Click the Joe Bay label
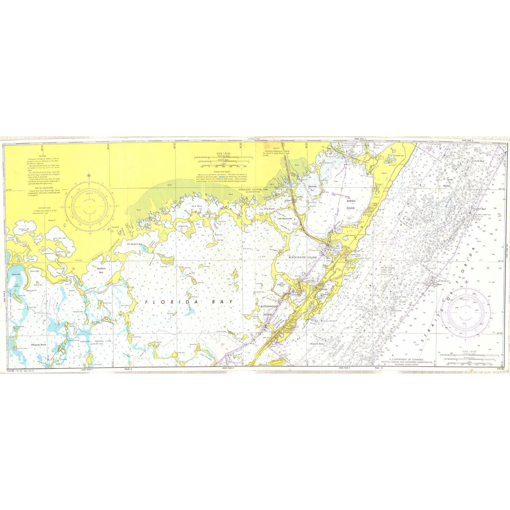[x=197, y=206]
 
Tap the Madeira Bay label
[x=101, y=270]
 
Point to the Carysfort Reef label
[x=479, y=209]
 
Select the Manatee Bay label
[x=312, y=188]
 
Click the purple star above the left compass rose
[x=89, y=175]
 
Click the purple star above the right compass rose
[x=467, y=282]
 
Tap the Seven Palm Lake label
[x=60, y=238]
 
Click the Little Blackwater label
[x=284, y=219]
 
